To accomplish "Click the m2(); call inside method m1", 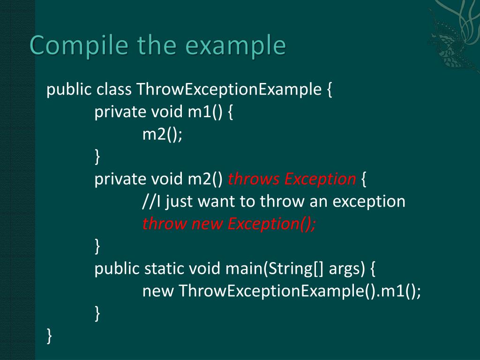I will click(x=162, y=135).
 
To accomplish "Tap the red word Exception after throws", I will click(x=320, y=179).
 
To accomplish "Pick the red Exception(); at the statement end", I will click(x=272, y=224).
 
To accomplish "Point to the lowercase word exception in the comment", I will click(x=369, y=202).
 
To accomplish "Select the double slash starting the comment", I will click(x=149, y=202).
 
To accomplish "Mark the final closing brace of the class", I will click(x=50, y=336).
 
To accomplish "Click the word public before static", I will click(x=117, y=269).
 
